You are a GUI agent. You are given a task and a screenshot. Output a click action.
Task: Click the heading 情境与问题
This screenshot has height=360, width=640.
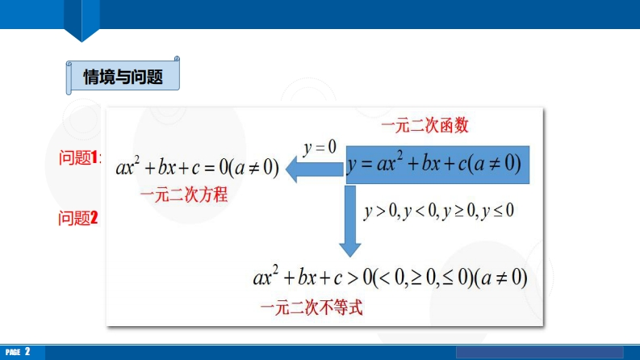coord(123,77)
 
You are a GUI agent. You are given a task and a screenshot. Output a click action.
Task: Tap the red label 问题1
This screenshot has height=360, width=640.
coord(79,157)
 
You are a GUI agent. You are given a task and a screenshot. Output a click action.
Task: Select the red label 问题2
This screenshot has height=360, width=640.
coord(78,218)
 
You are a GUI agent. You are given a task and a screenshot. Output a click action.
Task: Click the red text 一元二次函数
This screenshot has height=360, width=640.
coord(425,125)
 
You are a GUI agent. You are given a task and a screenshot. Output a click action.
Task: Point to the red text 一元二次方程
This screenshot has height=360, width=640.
coord(184,195)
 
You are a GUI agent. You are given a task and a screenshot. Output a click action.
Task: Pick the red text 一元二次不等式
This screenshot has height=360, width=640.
coord(312,308)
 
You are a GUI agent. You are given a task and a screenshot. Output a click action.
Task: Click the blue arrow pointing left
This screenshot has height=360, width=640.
coord(314,169)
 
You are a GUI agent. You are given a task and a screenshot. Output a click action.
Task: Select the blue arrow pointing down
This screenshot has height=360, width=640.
coord(349,221)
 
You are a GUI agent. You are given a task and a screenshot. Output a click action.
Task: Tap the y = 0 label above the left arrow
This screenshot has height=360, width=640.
coord(320,148)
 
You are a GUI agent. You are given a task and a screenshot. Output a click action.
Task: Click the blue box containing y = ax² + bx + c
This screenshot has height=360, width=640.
coord(437,165)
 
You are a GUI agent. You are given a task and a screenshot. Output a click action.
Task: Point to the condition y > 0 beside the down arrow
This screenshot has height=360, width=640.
coord(380,211)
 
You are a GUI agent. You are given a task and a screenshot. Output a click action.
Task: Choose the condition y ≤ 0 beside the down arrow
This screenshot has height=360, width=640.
coord(497,211)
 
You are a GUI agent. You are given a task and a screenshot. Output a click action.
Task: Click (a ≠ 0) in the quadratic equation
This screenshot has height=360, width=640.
coord(253,167)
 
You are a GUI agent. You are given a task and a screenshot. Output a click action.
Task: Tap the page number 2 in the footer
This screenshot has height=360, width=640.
coord(27,351)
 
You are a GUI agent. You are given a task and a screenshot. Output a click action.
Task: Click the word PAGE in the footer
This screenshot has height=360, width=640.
coord(13,352)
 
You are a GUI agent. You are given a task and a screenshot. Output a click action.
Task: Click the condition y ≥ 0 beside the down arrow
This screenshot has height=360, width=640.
coord(458,211)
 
